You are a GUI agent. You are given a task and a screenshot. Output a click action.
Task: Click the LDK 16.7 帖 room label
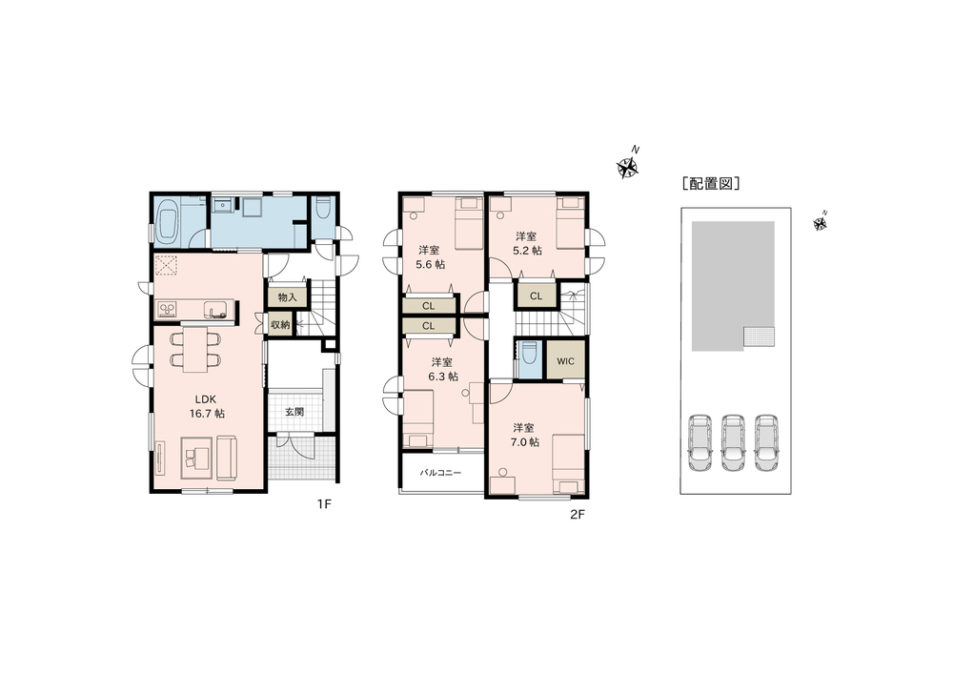(x=210, y=406)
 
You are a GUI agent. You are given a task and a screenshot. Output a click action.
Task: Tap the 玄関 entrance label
(x=294, y=412)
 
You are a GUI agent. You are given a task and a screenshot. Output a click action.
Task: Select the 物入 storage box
(x=288, y=297)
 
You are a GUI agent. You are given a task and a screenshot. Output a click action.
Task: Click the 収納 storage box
(x=280, y=325)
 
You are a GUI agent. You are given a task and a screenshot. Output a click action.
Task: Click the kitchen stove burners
(x=167, y=310)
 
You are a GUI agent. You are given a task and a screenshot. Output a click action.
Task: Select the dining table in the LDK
(x=195, y=350)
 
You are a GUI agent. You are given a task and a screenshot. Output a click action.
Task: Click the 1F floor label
(x=324, y=504)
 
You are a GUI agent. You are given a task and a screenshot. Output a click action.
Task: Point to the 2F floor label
(x=578, y=515)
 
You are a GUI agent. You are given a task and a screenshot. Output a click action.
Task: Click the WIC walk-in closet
(x=566, y=361)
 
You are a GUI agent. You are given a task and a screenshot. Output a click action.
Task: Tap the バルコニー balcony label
(x=440, y=473)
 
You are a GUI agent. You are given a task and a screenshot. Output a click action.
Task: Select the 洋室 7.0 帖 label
(x=524, y=435)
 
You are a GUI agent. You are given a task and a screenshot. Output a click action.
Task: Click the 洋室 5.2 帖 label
(x=527, y=242)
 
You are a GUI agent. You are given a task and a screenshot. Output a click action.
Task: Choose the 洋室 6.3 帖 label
(x=443, y=369)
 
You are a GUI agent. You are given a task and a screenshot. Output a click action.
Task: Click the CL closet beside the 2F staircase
(x=536, y=296)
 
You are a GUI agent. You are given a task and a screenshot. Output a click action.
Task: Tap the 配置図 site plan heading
(x=711, y=184)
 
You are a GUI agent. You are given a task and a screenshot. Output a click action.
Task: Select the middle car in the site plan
(x=733, y=442)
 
